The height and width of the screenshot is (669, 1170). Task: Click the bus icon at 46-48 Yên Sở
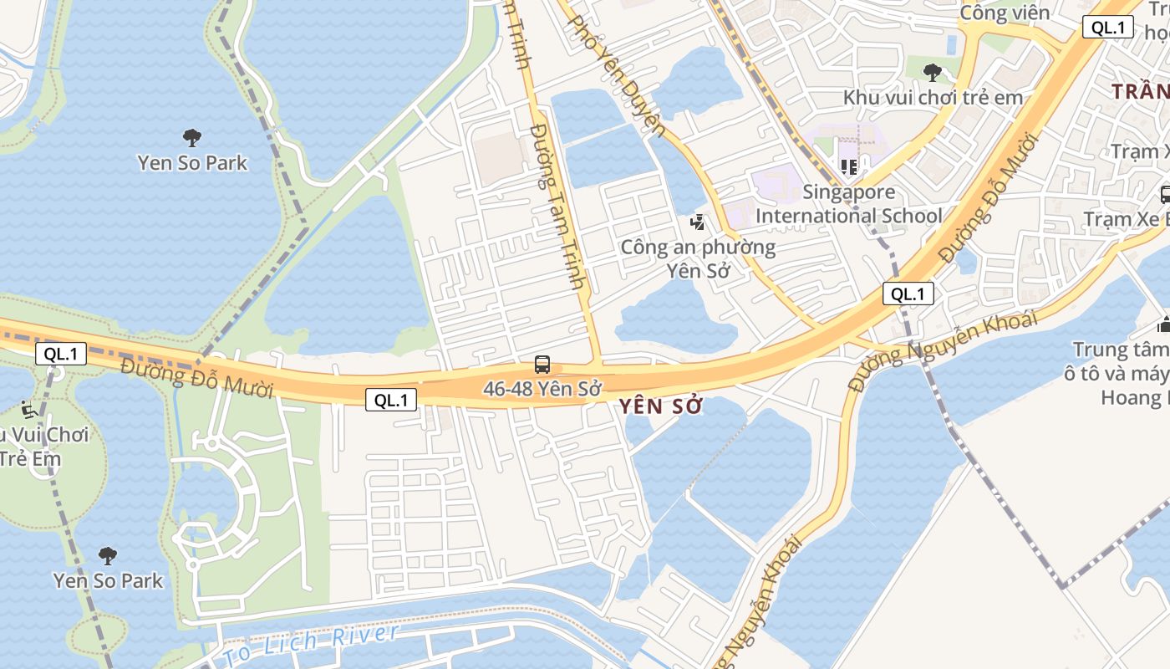click(x=542, y=365)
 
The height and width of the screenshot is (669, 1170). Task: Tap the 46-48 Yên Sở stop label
click(x=542, y=389)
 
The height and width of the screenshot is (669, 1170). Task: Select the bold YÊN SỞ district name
click(x=660, y=406)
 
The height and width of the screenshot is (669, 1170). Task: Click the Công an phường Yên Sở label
click(x=698, y=259)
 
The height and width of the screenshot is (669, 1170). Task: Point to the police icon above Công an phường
click(x=697, y=222)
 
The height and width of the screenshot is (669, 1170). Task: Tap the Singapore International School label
click(x=849, y=204)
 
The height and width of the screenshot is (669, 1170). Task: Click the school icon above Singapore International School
click(x=849, y=167)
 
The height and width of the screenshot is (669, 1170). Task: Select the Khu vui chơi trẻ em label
click(x=933, y=97)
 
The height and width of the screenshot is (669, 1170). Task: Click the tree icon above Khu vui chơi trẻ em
click(x=933, y=73)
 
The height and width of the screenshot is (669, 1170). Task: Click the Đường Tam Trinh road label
click(x=557, y=206)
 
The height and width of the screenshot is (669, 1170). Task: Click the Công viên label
click(x=1004, y=13)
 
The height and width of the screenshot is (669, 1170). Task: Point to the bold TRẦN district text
click(x=1142, y=91)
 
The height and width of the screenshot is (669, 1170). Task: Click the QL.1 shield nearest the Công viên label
click(x=1107, y=27)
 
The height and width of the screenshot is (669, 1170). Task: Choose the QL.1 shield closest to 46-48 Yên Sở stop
click(x=390, y=400)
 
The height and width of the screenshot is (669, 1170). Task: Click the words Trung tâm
click(x=1121, y=350)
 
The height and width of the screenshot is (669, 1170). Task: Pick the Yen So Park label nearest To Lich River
click(x=108, y=580)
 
